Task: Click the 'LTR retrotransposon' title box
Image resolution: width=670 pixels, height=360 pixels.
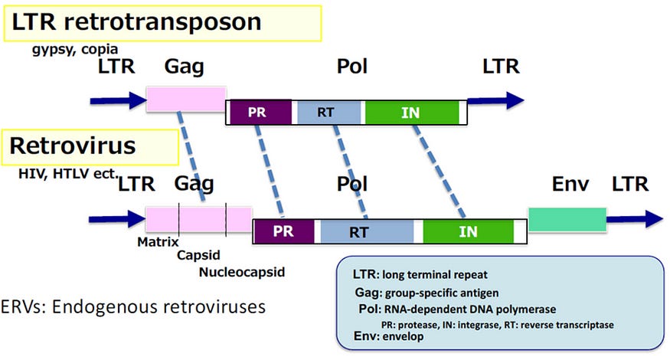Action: pyautogui.click(x=162, y=23)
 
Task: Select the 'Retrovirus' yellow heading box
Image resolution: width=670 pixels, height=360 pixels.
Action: pyautogui.click(x=90, y=147)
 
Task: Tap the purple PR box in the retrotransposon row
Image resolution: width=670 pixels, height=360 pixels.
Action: pyautogui.click(x=260, y=113)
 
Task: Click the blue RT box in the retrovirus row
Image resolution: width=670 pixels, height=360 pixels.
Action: pyautogui.click(x=367, y=232)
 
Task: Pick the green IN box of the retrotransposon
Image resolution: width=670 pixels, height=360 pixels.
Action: pyautogui.click(x=412, y=113)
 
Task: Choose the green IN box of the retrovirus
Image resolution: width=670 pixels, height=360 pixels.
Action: pyautogui.click(x=469, y=232)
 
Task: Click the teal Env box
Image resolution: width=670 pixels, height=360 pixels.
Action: pyautogui.click(x=567, y=220)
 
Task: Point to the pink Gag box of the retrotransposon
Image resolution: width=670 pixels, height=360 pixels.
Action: pyautogui.click(x=186, y=100)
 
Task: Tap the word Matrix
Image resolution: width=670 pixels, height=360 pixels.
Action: pyautogui.click(x=158, y=242)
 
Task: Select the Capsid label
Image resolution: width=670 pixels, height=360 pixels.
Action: pyautogui.click(x=198, y=255)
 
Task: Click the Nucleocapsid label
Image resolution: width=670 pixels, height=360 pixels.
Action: pyautogui.click(x=242, y=272)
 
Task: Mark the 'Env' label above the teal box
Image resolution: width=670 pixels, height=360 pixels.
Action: pyautogui.click(x=570, y=184)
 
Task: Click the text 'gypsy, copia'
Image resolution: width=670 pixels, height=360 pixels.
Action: pyautogui.click(x=75, y=50)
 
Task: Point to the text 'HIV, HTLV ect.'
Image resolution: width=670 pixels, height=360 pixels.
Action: pyautogui.click(x=68, y=174)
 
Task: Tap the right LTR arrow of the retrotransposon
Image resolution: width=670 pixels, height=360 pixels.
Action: pyautogui.click(x=495, y=101)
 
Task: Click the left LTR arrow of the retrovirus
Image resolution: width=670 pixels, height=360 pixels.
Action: pyautogui.click(x=117, y=219)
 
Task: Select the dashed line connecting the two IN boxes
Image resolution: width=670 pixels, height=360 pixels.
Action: pyautogui.click(x=440, y=172)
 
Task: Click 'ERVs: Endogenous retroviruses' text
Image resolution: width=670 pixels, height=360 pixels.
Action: pyautogui.click(x=133, y=307)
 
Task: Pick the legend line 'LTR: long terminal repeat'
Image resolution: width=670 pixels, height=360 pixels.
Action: pyautogui.click(x=420, y=274)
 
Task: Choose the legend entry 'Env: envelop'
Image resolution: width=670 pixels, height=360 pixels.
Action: pyautogui.click(x=389, y=336)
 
